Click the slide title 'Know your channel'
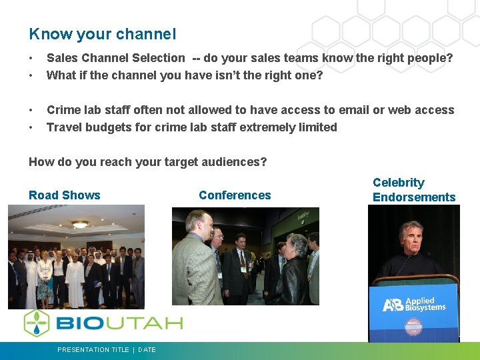coord(102,33)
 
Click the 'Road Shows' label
coord(65,195)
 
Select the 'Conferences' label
coord(235,195)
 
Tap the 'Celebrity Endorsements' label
coord(413,189)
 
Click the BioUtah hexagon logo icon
coord(37,323)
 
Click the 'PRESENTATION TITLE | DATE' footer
coord(107,349)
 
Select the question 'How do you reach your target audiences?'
coord(147,161)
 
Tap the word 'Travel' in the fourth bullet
coord(65,127)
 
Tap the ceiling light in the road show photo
coord(80,224)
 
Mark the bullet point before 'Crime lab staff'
coord(31,110)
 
